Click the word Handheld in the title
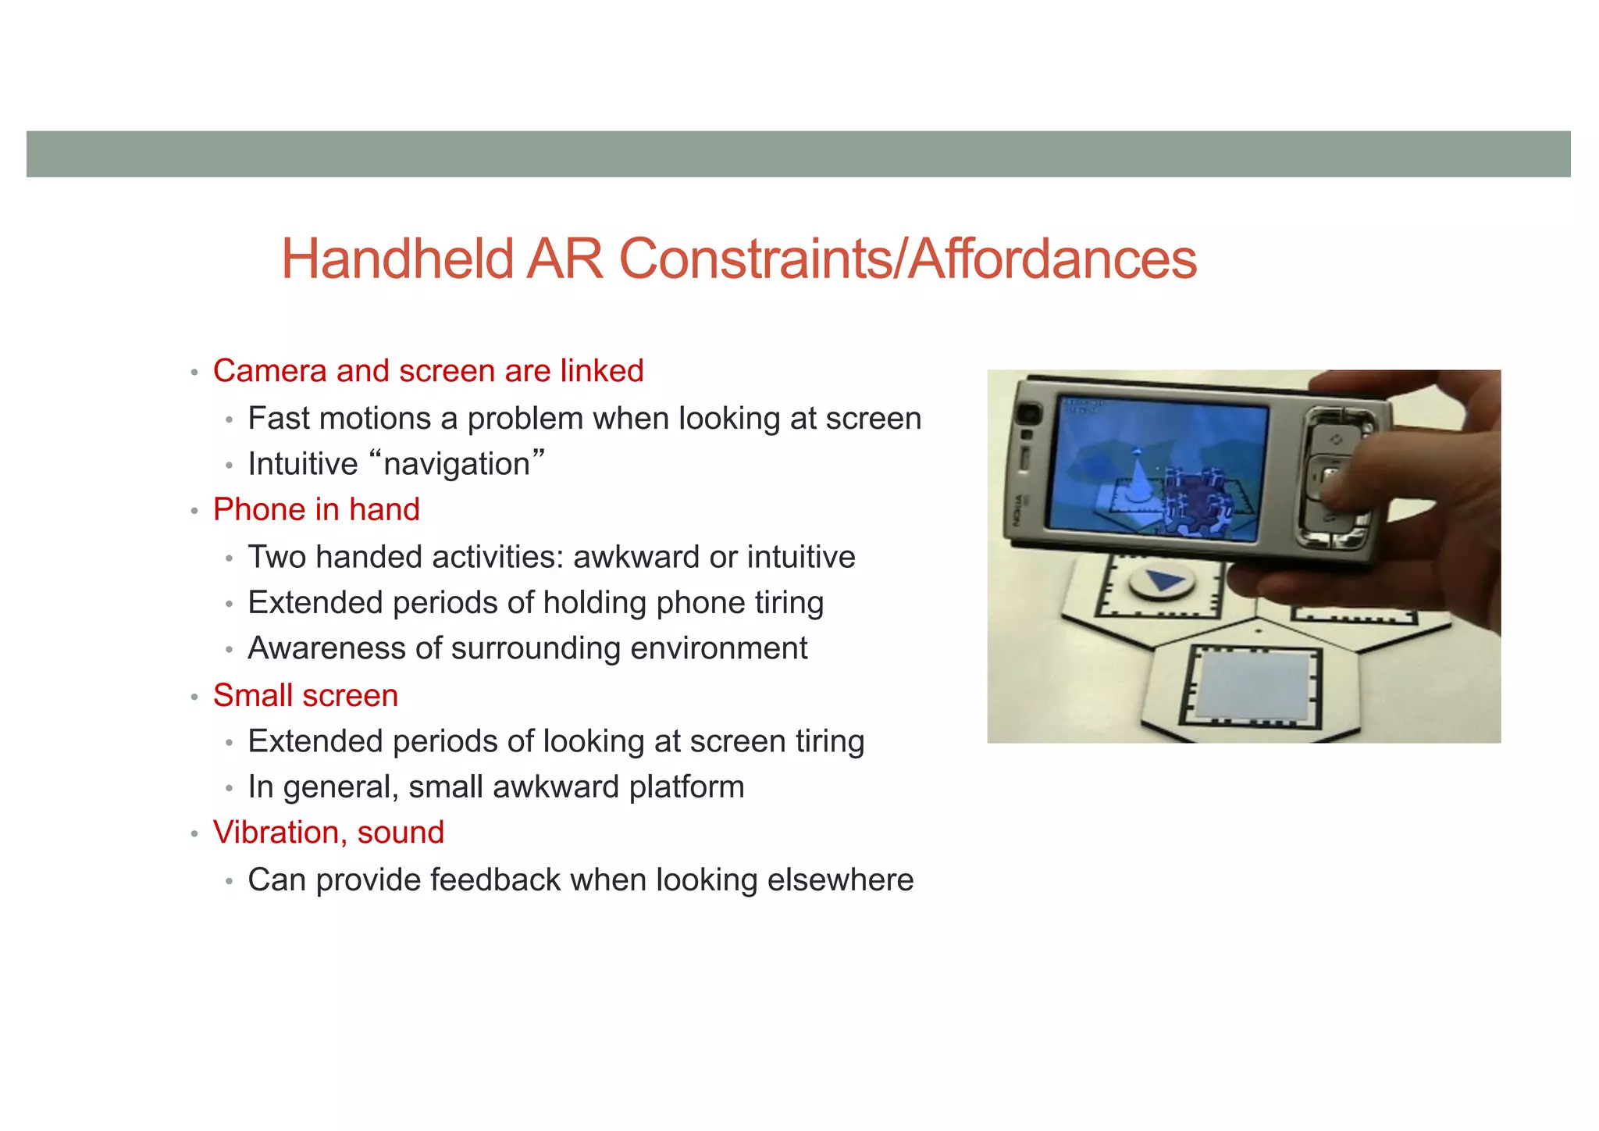coord(397,259)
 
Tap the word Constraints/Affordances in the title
coord(907,259)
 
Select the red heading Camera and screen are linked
coord(428,371)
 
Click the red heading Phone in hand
coord(316,510)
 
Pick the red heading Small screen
coord(305,695)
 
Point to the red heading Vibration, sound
coord(328,833)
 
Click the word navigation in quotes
coord(457,464)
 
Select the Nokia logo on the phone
coord(1019,512)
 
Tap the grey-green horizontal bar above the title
coord(798,154)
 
